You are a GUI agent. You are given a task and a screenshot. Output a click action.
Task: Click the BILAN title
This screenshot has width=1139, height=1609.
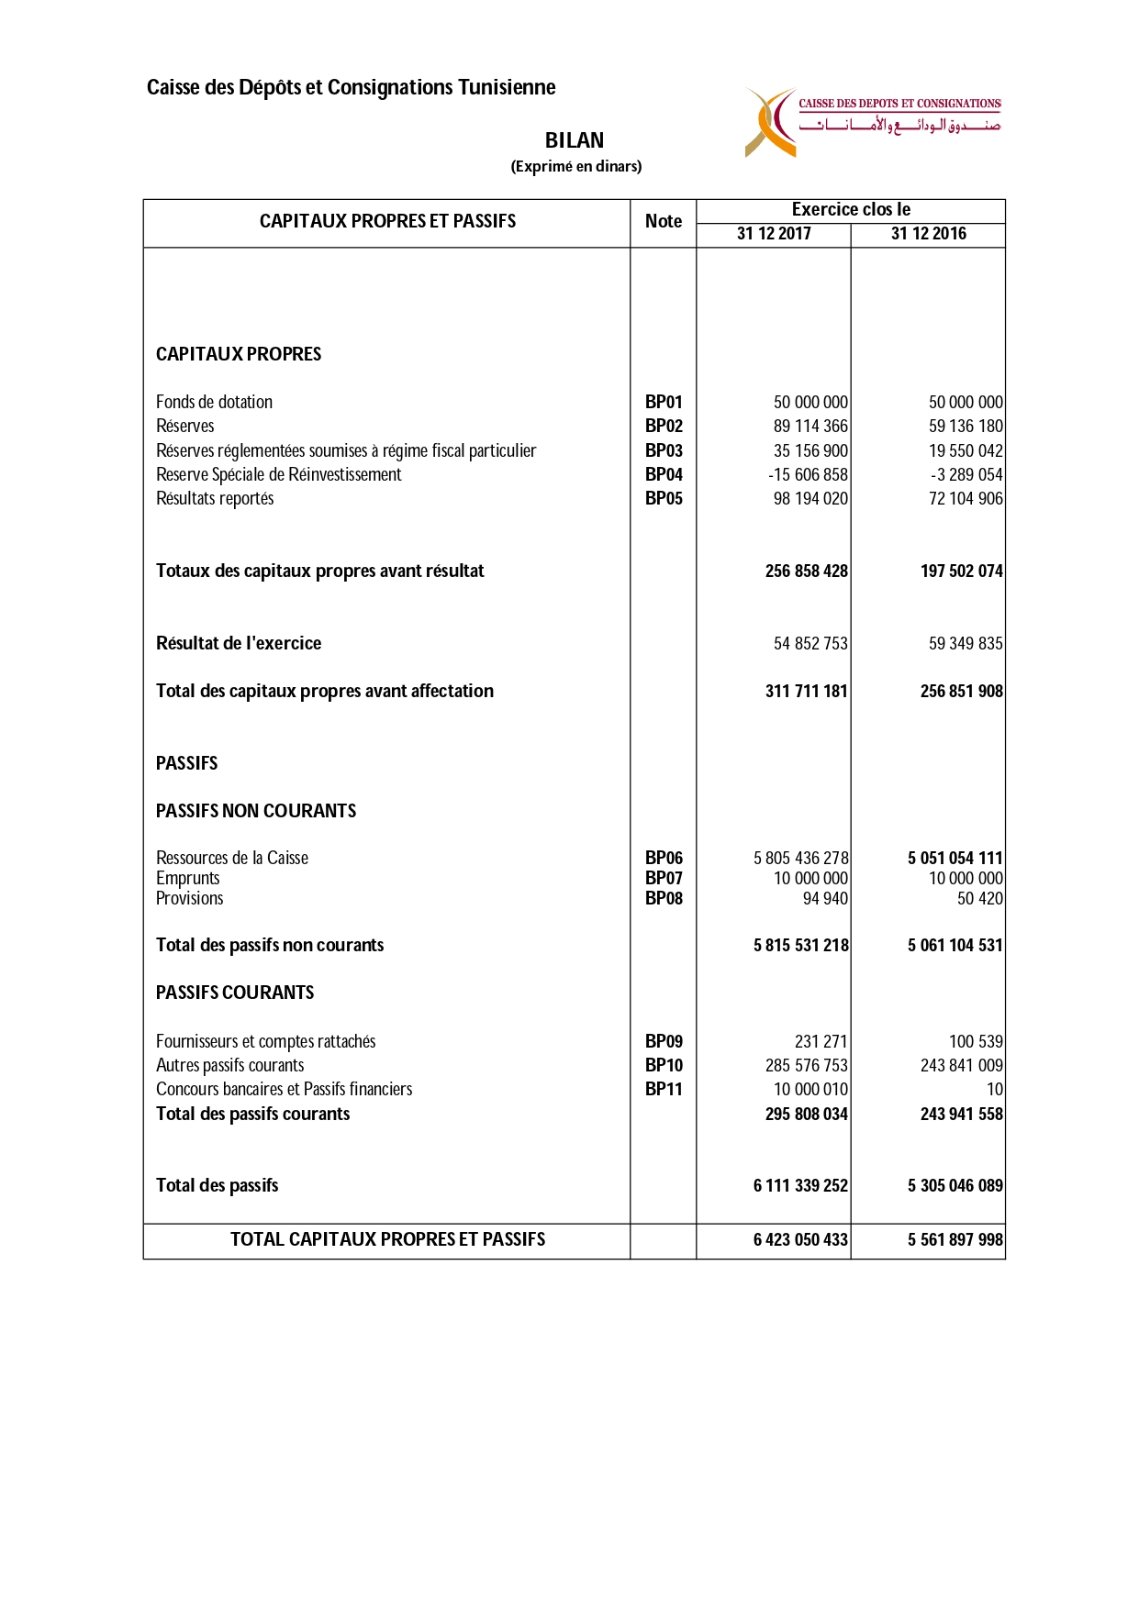click(x=575, y=140)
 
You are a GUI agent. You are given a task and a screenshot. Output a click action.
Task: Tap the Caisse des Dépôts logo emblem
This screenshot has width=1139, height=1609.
click(x=772, y=123)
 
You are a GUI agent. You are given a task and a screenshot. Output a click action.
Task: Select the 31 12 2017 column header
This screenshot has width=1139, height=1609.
click(x=774, y=234)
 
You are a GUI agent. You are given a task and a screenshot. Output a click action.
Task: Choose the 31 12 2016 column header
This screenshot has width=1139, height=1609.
click(x=928, y=234)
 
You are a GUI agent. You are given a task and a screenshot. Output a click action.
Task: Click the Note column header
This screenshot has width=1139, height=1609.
click(x=663, y=221)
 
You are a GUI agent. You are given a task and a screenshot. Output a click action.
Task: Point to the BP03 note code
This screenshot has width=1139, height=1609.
click(x=664, y=450)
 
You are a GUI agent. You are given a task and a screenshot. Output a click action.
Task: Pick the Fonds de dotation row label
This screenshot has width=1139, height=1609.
click(x=214, y=402)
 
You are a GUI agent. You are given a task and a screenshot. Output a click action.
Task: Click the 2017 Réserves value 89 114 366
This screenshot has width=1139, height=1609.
click(x=810, y=426)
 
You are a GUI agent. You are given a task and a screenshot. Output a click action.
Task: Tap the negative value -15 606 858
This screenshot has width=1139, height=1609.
click(x=808, y=474)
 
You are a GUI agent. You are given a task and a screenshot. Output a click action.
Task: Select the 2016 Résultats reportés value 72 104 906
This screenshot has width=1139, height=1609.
click(x=966, y=498)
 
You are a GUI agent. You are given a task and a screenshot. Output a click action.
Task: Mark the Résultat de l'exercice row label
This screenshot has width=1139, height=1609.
click(x=239, y=643)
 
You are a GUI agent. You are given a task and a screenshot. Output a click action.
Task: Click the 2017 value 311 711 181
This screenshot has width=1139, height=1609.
click(x=806, y=691)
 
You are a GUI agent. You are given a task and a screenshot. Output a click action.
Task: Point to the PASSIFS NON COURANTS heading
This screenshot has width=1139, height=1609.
click(x=256, y=811)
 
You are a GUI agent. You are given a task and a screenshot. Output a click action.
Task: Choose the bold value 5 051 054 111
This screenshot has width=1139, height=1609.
click(x=955, y=858)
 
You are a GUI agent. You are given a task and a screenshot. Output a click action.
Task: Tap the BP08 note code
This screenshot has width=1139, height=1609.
click(x=664, y=898)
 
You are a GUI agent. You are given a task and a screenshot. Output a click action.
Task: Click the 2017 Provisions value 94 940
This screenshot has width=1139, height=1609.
click(x=825, y=898)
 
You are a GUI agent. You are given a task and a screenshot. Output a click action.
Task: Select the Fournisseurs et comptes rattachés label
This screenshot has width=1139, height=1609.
click(x=265, y=1041)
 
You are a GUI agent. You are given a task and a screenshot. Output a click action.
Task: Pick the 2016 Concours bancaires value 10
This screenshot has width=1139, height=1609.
click(x=994, y=1089)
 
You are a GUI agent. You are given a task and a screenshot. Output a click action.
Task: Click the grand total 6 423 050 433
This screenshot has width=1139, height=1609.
click(x=800, y=1239)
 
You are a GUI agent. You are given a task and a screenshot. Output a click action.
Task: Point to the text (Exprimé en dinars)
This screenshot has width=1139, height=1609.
click(x=576, y=166)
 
